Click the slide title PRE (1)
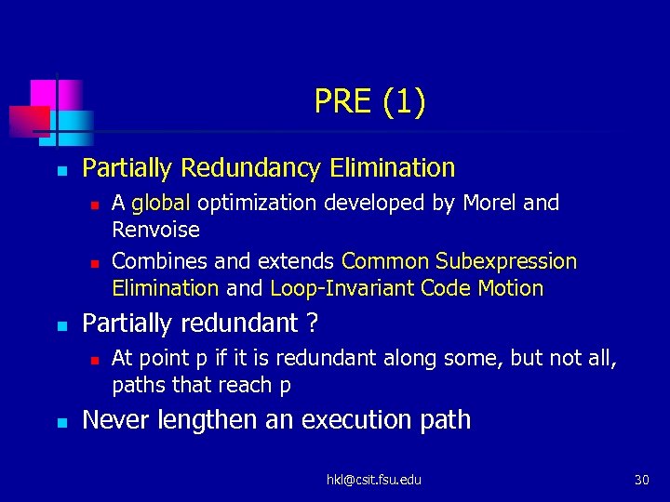coord(370,101)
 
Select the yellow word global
coord(161,204)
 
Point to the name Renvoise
coord(155,229)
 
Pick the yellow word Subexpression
coord(506,262)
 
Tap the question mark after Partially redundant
coord(312,324)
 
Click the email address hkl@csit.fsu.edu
coord(373,480)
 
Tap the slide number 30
coord(641,480)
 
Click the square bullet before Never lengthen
coord(60,422)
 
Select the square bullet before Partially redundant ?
coord(60,325)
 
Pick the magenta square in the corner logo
coord(43,94)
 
